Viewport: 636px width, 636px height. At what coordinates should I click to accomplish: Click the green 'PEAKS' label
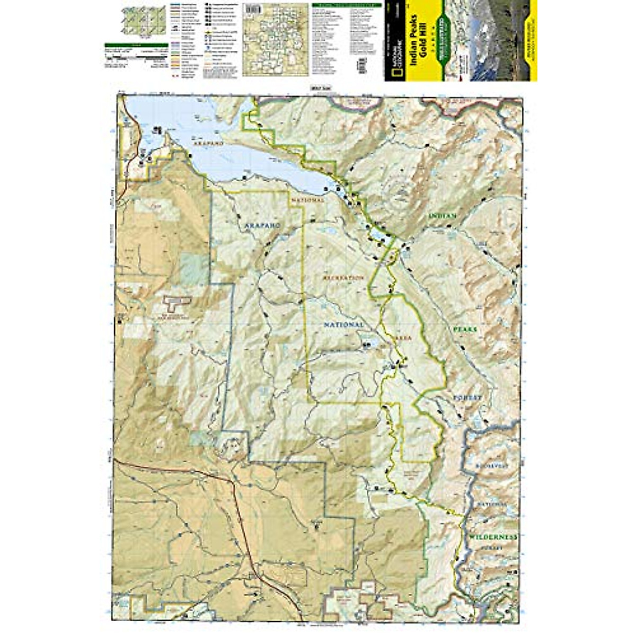(x=465, y=329)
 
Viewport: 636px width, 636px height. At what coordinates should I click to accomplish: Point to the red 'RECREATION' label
(x=343, y=277)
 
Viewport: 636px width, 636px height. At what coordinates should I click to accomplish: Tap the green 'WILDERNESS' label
(x=492, y=537)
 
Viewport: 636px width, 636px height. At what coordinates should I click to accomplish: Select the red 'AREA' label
(x=402, y=336)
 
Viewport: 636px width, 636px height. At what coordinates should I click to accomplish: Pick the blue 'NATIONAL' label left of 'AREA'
(x=343, y=324)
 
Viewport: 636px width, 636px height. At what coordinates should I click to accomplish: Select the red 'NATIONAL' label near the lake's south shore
(x=306, y=201)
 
